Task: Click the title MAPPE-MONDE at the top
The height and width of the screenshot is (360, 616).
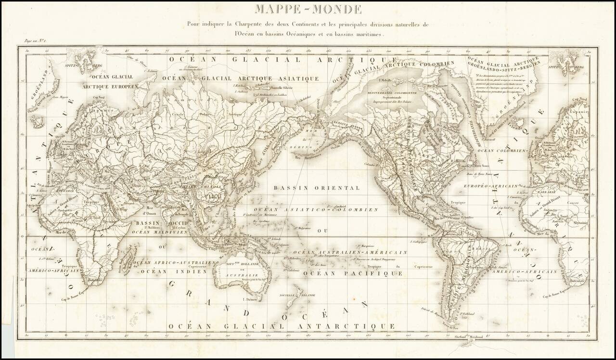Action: pos(308,9)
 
